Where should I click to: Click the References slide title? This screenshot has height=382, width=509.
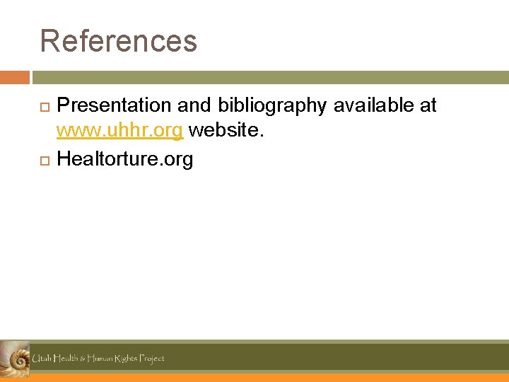pyautogui.click(x=118, y=41)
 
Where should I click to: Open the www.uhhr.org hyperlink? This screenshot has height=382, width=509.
pyautogui.click(x=120, y=132)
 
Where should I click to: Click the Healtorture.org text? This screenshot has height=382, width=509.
pyautogui.click(x=124, y=159)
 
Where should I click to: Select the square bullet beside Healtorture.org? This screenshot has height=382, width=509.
pyautogui.click(x=44, y=161)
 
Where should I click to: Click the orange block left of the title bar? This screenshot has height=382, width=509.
pyautogui.click(x=14, y=77)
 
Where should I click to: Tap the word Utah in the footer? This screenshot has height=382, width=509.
pyautogui.click(x=42, y=359)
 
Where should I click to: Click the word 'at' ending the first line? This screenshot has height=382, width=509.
pyautogui.click(x=428, y=105)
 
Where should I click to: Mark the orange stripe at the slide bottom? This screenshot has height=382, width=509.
pyautogui.click(x=269, y=378)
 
